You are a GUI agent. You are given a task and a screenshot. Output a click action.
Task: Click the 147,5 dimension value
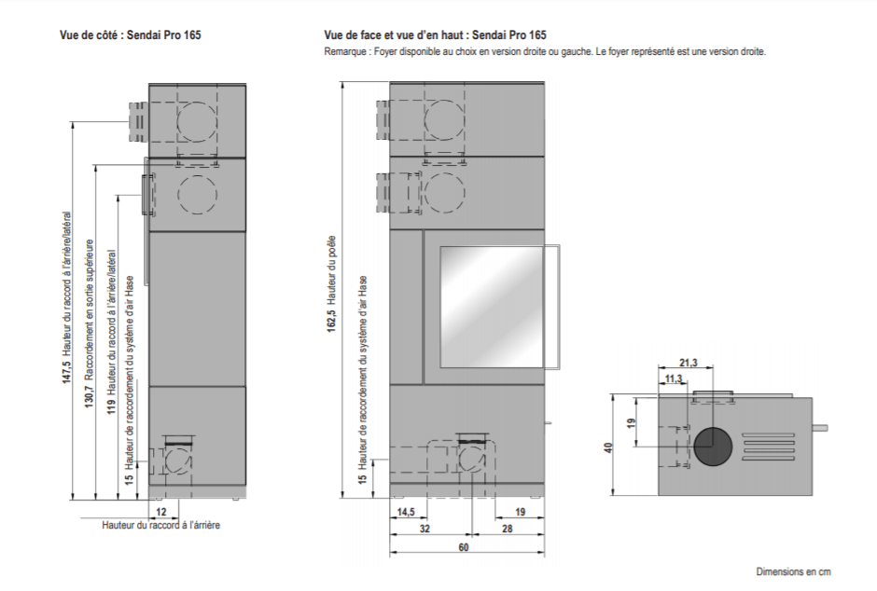coord(67,372)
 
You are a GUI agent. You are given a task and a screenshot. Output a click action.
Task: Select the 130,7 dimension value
coord(90,396)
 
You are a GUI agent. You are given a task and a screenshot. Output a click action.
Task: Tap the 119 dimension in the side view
coord(112,406)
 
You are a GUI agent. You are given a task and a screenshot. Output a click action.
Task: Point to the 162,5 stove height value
coord(331,322)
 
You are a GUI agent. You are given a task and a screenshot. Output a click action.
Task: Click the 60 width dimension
coord(463,547)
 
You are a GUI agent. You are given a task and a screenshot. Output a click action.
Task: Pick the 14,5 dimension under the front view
coord(406,513)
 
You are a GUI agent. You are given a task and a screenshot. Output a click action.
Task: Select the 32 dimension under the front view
coord(425,529)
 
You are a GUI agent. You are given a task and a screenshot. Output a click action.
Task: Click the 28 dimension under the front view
coord(508,529)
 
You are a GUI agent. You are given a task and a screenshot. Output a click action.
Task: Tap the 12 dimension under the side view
coord(161,512)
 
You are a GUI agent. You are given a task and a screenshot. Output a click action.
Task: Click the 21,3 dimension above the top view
coord(689,364)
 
